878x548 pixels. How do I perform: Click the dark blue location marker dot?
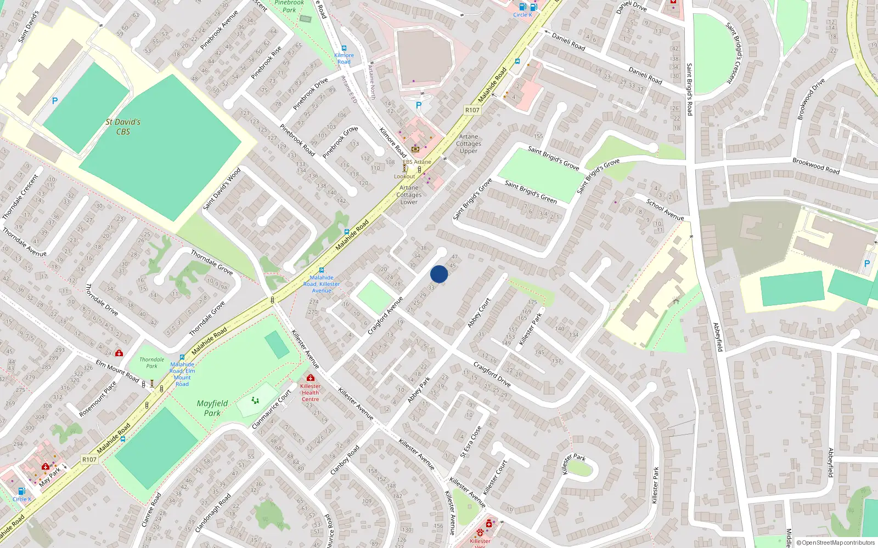click(x=439, y=274)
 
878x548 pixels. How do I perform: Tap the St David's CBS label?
click(x=123, y=127)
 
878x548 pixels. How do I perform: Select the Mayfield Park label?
click(x=212, y=408)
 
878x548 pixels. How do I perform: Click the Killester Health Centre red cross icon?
click(x=310, y=378)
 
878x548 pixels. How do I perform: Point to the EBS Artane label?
click(x=417, y=162)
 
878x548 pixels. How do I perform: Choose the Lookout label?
click(x=404, y=176)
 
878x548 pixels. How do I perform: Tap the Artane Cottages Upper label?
click(x=469, y=144)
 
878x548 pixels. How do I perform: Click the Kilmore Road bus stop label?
click(x=344, y=59)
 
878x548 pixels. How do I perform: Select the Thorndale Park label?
click(x=151, y=363)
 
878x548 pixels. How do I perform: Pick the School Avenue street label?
click(x=665, y=209)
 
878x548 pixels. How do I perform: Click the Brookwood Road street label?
click(x=816, y=165)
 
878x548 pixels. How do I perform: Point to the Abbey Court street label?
click(x=479, y=313)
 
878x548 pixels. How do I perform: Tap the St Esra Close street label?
click(x=471, y=442)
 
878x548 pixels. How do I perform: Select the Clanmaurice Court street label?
click(x=271, y=410)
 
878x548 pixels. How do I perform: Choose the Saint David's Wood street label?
click(x=222, y=189)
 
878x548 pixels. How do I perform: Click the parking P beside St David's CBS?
click(x=54, y=101)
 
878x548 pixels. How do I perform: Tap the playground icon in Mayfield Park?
click(x=255, y=401)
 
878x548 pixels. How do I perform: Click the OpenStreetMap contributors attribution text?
click(x=836, y=543)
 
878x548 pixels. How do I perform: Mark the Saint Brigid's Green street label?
click(x=531, y=192)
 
